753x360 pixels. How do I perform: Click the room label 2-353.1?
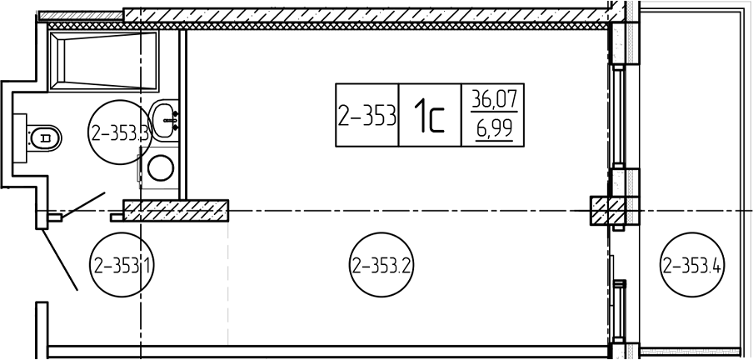tap(122, 264)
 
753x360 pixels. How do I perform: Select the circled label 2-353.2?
tap(382, 264)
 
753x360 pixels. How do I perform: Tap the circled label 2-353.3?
tap(120, 132)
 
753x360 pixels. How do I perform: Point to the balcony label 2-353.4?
tap(693, 264)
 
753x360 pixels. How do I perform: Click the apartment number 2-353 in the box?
tap(367, 116)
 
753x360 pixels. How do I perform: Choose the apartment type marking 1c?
tap(431, 116)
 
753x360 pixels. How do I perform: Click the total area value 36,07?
tap(493, 100)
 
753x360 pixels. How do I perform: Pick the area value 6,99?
tap(493, 129)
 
